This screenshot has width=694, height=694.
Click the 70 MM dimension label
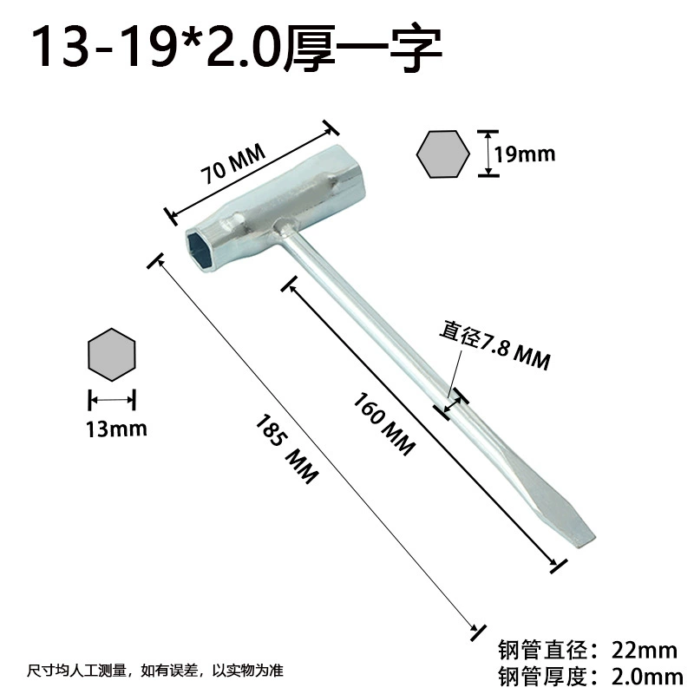pyautogui.click(x=233, y=163)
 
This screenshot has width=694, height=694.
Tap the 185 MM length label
pyautogui.click(x=287, y=448)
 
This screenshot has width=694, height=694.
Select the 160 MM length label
pyautogui.click(x=384, y=423)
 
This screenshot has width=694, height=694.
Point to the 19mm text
pyautogui.click(x=525, y=154)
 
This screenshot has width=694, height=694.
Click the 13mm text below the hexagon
pyautogui.click(x=116, y=429)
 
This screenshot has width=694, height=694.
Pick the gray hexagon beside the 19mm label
pyautogui.click(x=443, y=154)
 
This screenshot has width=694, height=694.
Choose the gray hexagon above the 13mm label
pyautogui.click(x=112, y=355)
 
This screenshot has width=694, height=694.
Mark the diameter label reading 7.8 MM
pyautogui.click(x=495, y=345)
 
